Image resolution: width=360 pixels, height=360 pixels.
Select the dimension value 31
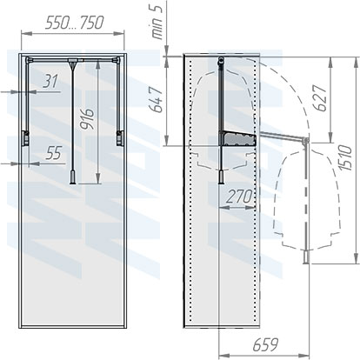[x=50, y=83]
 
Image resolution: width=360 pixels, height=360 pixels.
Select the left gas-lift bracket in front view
[x=28, y=135]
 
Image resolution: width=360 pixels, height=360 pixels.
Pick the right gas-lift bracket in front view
[x=116, y=135]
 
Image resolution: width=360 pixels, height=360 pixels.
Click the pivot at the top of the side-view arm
[x=222, y=63]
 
